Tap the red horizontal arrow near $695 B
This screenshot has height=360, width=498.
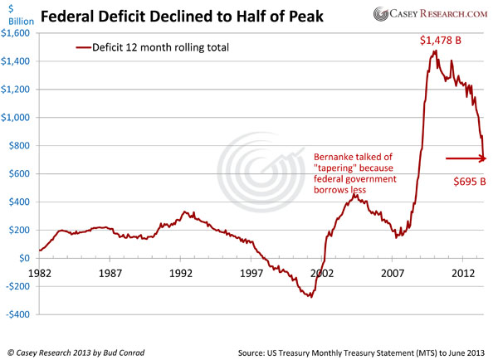(466, 158)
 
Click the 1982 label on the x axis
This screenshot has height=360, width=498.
(40, 271)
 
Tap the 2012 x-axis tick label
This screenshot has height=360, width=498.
(461, 271)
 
